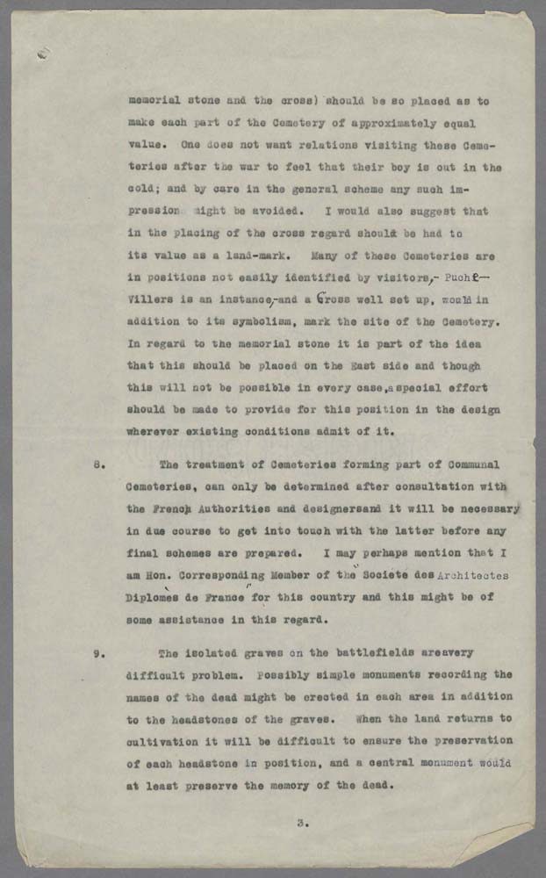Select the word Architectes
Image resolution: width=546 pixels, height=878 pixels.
coord(466,575)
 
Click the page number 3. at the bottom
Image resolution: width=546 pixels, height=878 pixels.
coord(301,823)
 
